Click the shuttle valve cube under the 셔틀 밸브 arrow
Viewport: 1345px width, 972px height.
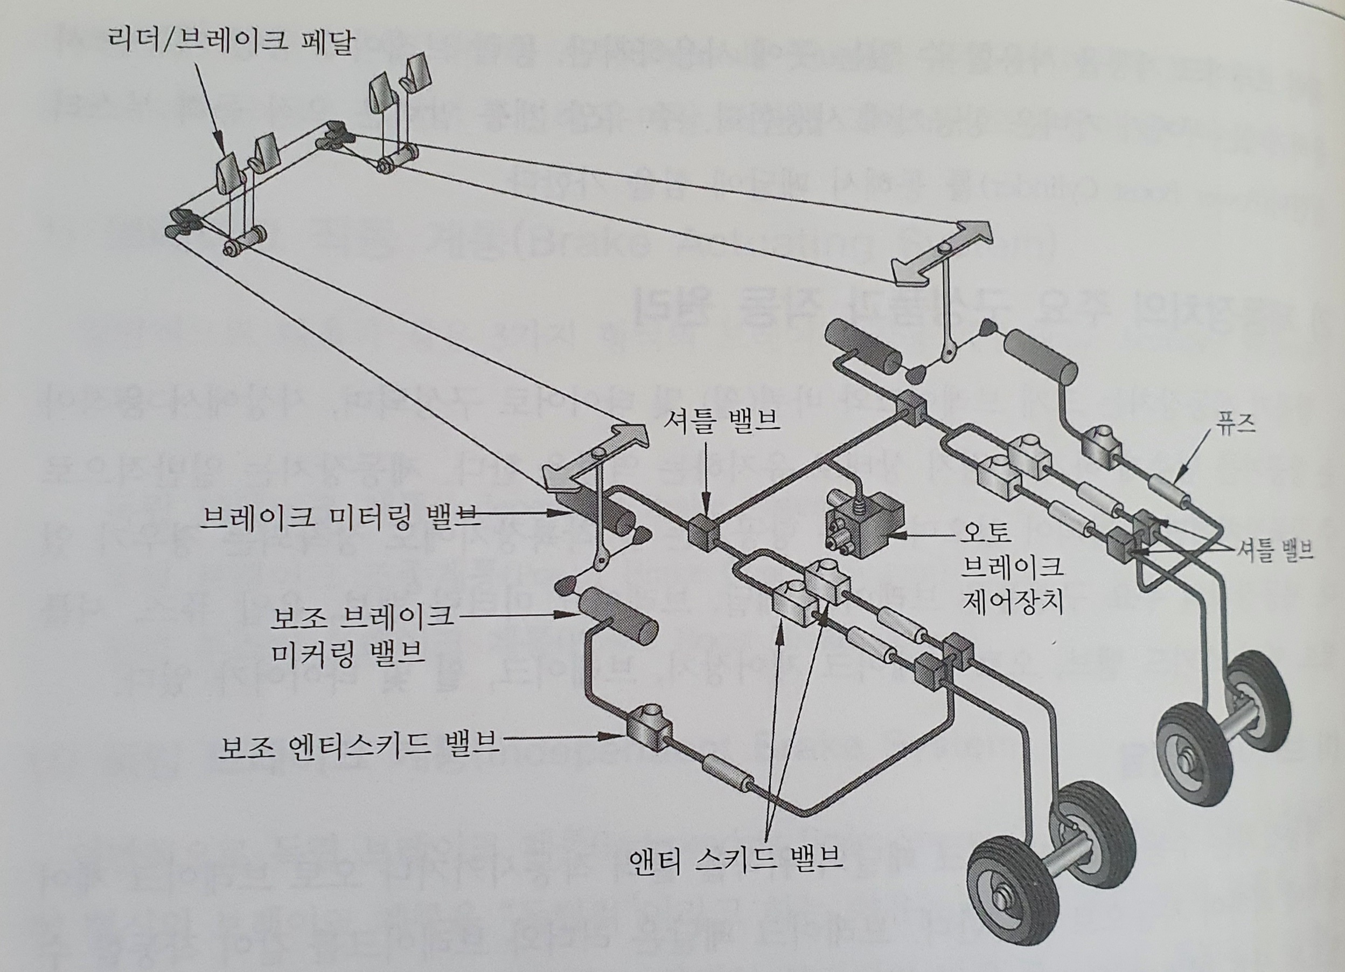(705, 530)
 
